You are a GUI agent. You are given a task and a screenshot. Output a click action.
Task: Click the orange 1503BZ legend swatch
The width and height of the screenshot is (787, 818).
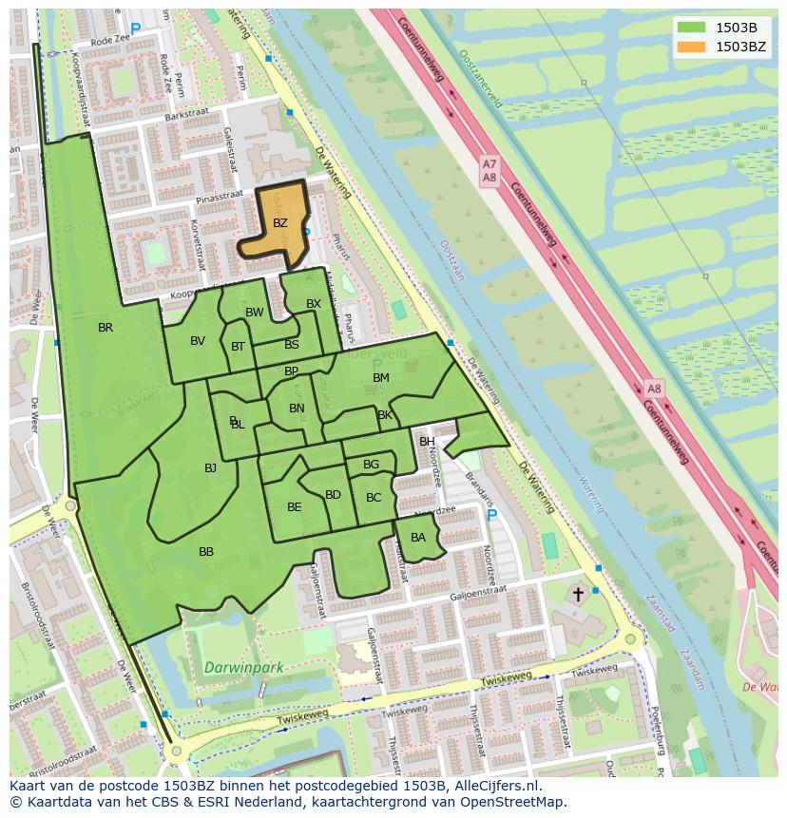692,47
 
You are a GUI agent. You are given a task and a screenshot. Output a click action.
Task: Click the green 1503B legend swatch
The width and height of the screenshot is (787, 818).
692,28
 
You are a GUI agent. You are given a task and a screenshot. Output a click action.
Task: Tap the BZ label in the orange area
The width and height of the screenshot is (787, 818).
279,223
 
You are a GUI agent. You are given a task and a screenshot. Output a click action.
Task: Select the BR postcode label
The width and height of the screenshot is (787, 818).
106,328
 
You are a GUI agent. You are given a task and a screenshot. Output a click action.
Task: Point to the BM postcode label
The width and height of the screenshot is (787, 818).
381,378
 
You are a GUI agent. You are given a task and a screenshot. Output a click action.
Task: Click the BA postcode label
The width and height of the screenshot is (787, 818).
418,538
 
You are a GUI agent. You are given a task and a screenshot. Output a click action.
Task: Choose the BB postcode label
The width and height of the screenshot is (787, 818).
206,552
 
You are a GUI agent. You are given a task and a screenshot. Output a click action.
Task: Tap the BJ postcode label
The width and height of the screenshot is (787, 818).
210,467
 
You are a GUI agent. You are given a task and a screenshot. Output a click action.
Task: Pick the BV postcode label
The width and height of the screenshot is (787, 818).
198,341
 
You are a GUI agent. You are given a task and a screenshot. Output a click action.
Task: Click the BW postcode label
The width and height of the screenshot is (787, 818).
255,313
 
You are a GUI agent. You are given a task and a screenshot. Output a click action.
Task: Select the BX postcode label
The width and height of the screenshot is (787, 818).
314,304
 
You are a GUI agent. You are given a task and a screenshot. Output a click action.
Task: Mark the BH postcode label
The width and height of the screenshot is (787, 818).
427,442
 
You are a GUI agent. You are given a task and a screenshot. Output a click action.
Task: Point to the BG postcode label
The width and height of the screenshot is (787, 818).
371,465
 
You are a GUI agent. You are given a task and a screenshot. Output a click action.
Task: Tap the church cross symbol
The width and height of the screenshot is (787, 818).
578,594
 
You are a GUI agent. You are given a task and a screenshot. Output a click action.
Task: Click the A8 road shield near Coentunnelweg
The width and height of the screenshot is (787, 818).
654,389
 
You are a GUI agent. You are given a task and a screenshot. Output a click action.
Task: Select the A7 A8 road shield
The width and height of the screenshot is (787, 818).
489,171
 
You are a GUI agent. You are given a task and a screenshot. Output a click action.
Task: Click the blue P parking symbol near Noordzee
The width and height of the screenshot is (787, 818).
491,516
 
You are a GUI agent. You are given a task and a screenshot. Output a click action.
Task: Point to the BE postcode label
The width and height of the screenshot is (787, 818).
294,507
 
